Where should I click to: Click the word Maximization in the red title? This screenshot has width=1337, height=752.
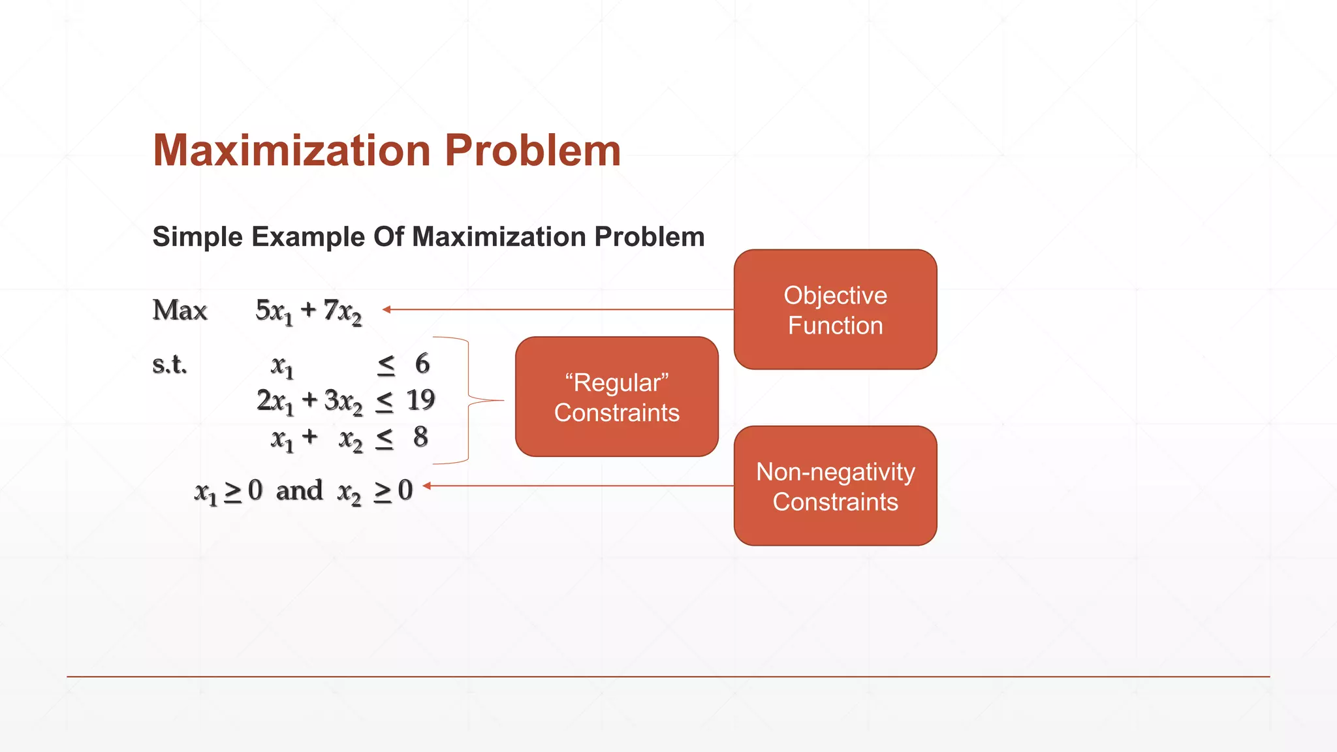291,151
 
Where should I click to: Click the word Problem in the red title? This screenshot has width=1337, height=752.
532,151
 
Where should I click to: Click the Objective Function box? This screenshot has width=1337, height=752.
835,309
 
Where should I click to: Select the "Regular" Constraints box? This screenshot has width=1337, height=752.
616,397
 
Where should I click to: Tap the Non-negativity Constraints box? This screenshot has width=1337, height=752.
835,486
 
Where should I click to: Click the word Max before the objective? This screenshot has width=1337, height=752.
180,310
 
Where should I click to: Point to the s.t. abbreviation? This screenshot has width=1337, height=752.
169,364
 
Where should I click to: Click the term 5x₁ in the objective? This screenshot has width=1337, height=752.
274,311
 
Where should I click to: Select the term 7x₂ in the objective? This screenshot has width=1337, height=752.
342,311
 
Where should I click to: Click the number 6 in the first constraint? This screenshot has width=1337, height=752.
422,364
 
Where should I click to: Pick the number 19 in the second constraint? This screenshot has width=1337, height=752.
420,400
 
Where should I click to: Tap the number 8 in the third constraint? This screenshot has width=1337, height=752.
420,437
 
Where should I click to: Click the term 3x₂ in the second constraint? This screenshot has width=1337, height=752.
343,401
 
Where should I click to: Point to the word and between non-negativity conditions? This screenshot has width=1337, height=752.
299,490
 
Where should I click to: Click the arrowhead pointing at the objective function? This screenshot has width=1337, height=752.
386,309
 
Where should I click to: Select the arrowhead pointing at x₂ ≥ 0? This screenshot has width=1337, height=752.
427,486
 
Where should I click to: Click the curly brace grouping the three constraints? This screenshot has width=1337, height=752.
469,400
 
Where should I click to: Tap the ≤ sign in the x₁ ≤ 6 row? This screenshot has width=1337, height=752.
386,366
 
